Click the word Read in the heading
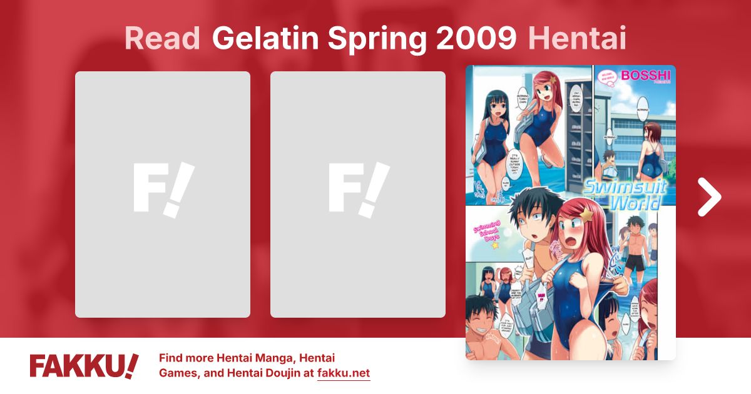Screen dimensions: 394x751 pos(162,39)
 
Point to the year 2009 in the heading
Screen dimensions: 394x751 pos(478,39)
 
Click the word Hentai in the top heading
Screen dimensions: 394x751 pos(577,39)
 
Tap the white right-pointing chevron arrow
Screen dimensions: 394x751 pos(709,197)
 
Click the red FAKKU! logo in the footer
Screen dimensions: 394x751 pos(84,366)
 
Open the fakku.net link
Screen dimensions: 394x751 pos(344,373)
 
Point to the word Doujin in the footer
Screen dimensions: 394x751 pos(285,373)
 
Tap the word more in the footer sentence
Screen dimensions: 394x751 pos(202,358)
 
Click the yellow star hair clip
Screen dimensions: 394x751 pos(588,217)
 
